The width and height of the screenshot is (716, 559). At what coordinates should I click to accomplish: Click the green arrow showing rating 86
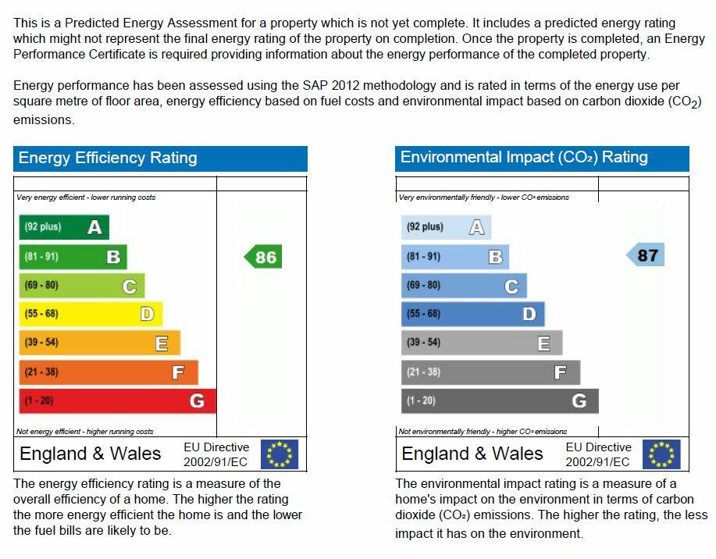click(264, 257)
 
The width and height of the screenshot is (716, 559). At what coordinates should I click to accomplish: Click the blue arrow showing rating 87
click(647, 255)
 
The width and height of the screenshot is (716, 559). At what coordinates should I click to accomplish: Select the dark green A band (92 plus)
click(63, 227)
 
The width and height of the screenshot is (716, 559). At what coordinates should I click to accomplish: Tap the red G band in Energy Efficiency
click(117, 401)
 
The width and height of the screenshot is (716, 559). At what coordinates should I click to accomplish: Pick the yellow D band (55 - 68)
click(90, 314)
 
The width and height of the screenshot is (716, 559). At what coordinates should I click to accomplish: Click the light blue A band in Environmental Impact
click(445, 227)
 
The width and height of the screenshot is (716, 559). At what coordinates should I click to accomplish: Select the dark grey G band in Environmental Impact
click(500, 401)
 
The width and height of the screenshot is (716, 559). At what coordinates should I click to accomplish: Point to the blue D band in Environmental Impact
click(472, 314)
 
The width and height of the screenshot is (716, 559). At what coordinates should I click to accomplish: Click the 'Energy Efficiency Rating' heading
click(108, 158)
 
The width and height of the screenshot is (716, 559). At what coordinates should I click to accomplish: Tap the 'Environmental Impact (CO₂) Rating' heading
click(524, 157)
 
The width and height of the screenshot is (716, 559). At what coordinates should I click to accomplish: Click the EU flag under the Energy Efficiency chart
click(280, 454)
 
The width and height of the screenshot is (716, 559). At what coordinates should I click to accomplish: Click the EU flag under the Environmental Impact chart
click(661, 454)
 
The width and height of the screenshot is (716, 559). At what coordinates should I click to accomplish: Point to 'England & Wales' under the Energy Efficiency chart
click(91, 454)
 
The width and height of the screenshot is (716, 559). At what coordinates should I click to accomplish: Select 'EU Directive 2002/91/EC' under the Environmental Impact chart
click(598, 454)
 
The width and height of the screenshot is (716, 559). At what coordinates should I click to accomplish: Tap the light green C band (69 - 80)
click(81, 286)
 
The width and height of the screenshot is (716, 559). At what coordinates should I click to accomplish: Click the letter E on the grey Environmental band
click(544, 343)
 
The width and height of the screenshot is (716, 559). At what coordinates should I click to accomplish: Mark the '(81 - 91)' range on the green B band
click(41, 256)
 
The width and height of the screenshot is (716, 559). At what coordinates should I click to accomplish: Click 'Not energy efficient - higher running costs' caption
click(85, 432)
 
